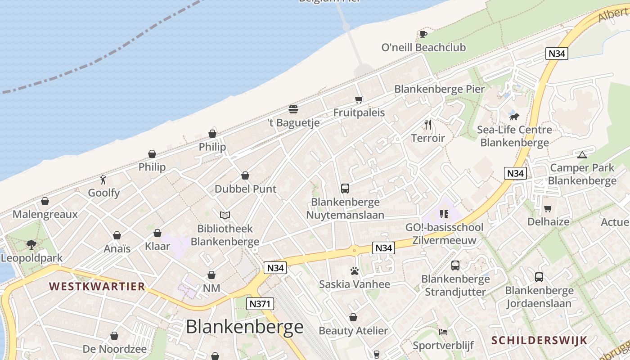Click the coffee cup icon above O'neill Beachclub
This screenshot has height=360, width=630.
pos(423,34)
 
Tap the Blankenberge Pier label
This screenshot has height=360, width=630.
pos(439,89)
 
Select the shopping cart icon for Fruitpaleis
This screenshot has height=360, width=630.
pos(359,99)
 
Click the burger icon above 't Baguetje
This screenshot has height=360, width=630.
pos(293,109)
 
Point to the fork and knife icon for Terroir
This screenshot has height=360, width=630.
pos(428,124)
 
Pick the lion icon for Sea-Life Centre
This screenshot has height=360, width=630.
pos(514,117)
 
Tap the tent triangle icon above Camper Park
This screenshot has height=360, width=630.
pos(582,155)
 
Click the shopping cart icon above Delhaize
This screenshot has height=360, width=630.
pos(548,208)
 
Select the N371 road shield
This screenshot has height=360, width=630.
pos(260,304)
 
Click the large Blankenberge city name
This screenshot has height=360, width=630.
pos(245,327)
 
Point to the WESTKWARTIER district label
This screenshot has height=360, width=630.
pos(97,286)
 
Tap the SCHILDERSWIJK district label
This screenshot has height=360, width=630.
pos(539,340)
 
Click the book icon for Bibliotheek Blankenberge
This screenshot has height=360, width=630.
pos(225,216)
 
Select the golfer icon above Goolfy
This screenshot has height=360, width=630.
pos(103,180)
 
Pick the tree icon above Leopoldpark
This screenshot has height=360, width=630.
pos(31,245)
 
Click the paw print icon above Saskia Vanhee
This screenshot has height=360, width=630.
pos(355,271)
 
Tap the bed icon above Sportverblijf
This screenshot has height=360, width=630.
pos(443,332)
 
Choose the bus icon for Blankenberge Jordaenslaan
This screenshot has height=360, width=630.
pos(539,277)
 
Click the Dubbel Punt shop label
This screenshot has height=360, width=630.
pos(245,189)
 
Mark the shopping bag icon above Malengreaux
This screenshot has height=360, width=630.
pos(45,201)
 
